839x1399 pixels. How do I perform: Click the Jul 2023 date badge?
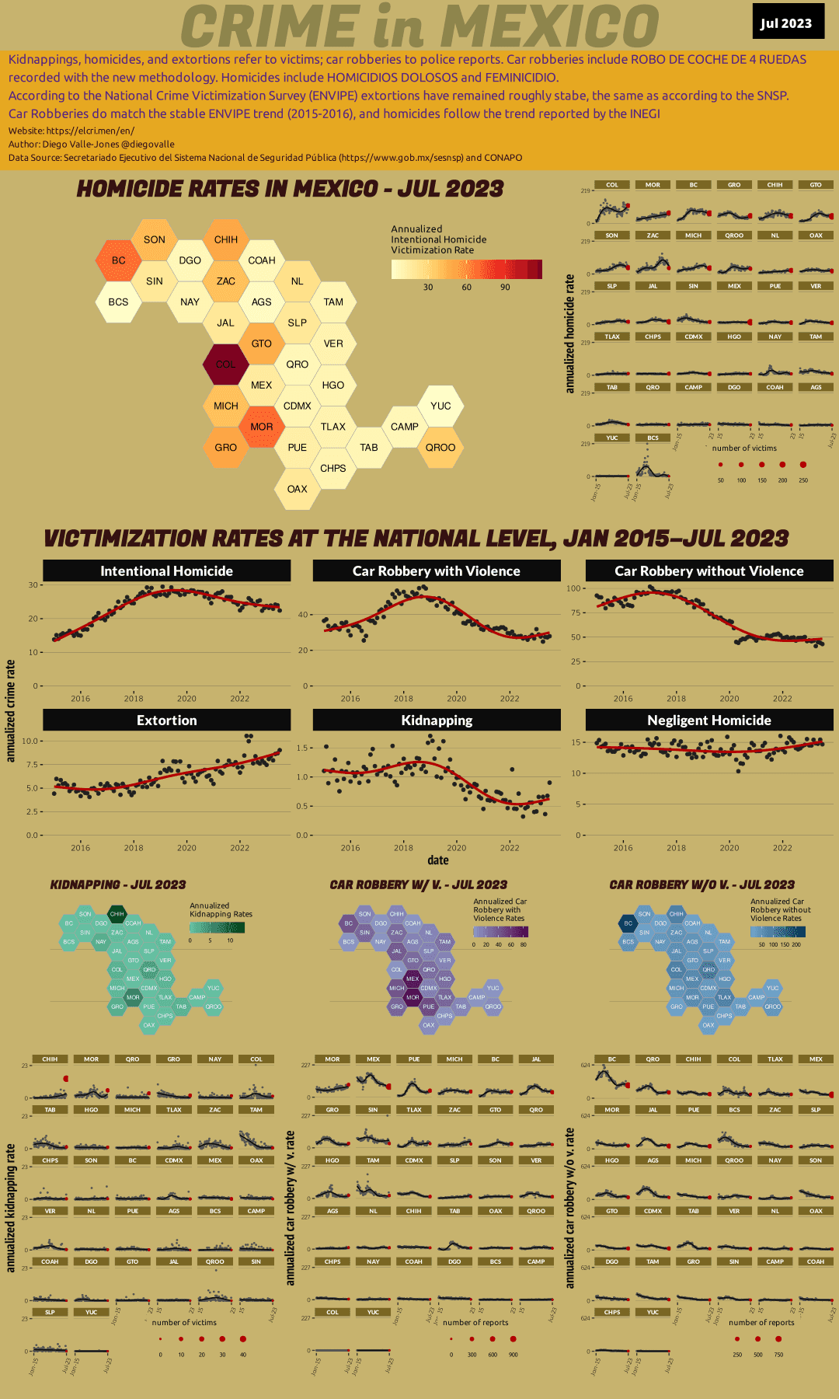click(785, 23)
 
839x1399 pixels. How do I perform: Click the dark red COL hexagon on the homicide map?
click(225, 364)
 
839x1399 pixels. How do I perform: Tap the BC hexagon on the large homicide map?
click(118, 260)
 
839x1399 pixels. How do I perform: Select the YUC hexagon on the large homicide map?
click(440, 406)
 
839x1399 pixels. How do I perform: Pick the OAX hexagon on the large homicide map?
click(297, 489)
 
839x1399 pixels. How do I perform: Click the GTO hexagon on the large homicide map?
click(261, 344)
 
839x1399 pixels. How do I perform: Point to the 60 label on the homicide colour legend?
click(466, 288)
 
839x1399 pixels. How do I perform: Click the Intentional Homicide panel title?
click(166, 571)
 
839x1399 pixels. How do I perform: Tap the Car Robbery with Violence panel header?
click(436, 571)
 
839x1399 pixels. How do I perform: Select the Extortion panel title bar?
click(166, 720)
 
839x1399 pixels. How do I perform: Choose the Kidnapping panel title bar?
click(436, 720)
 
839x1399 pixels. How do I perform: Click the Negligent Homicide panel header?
click(708, 720)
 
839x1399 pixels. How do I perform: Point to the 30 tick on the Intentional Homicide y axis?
click(33, 585)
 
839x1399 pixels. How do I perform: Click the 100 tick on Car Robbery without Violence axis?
click(573, 588)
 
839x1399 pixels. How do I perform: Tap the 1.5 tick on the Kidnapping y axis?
click(304, 748)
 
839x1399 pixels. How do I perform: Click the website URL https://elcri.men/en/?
click(90, 131)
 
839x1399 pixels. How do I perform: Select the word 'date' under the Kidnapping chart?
click(438, 860)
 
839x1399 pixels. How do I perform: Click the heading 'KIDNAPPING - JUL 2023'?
click(118, 885)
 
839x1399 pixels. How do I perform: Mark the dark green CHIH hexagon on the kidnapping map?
click(117, 914)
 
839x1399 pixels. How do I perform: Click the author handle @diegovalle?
click(148, 145)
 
